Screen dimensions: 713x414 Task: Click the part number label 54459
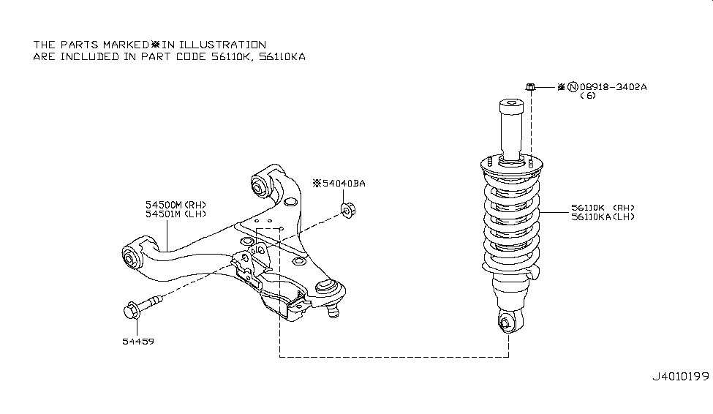pyautogui.click(x=138, y=341)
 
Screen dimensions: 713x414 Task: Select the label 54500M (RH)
pyautogui.click(x=176, y=205)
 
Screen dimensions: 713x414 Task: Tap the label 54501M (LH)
pyautogui.click(x=176, y=214)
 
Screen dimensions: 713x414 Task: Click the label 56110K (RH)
pyautogui.click(x=603, y=208)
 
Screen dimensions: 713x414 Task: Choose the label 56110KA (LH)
pyautogui.click(x=603, y=217)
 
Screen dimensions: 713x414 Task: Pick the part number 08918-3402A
pyautogui.click(x=613, y=87)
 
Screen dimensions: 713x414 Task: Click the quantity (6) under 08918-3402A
pyautogui.click(x=588, y=96)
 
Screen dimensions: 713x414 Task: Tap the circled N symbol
pyautogui.click(x=573, y=87)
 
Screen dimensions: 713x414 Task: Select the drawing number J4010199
pyautogui.click(x=681, y=377)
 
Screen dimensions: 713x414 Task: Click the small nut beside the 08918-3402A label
pyautogui.click(x=530, y=86)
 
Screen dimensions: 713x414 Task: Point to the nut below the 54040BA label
pyautogui.click(x=348, y=210)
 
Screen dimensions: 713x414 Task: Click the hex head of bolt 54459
pyautogui.click(x=132, y=310)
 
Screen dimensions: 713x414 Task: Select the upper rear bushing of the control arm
pyautogui.click(x=260, y=187)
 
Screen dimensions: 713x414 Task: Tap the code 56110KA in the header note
pyautogui.click(x=282, y=57)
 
